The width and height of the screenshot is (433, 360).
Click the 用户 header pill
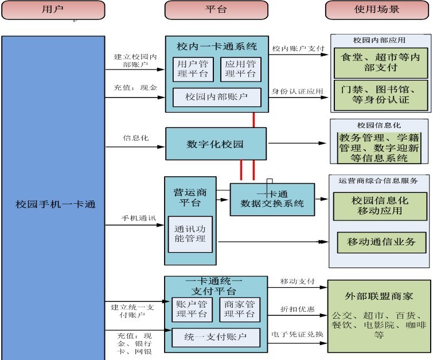tap(52, 10)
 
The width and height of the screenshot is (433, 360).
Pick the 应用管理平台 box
tap(240, 69)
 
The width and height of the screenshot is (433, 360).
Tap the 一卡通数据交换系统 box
tap(272, 199)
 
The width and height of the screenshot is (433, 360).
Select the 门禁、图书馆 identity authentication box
tap(381, 94)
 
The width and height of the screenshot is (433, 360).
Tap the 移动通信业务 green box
tap(381, 242)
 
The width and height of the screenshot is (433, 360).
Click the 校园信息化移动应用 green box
tap(381, 205)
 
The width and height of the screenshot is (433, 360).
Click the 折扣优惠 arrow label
tap(297, 309)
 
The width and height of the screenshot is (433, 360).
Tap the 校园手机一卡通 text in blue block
tap(54, 204)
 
